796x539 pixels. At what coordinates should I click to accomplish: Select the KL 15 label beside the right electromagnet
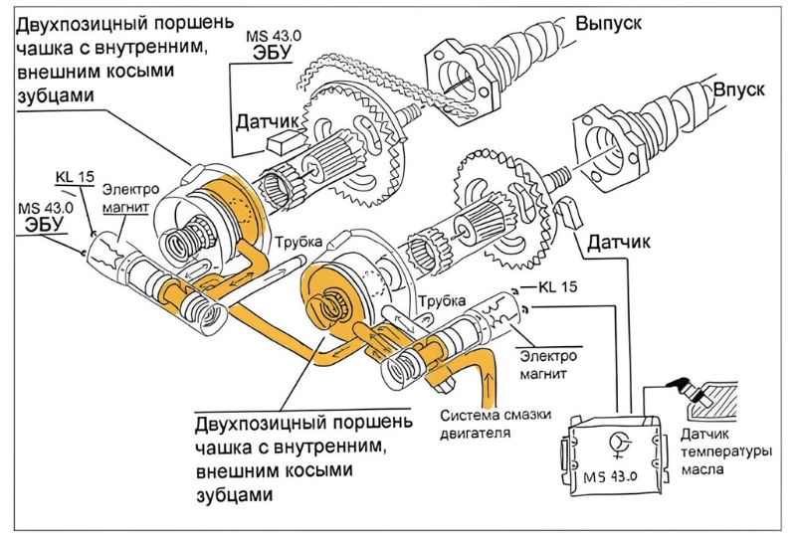[x=559, y=288]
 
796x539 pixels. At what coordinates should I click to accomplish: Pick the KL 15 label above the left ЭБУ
[x=75, y=178]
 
